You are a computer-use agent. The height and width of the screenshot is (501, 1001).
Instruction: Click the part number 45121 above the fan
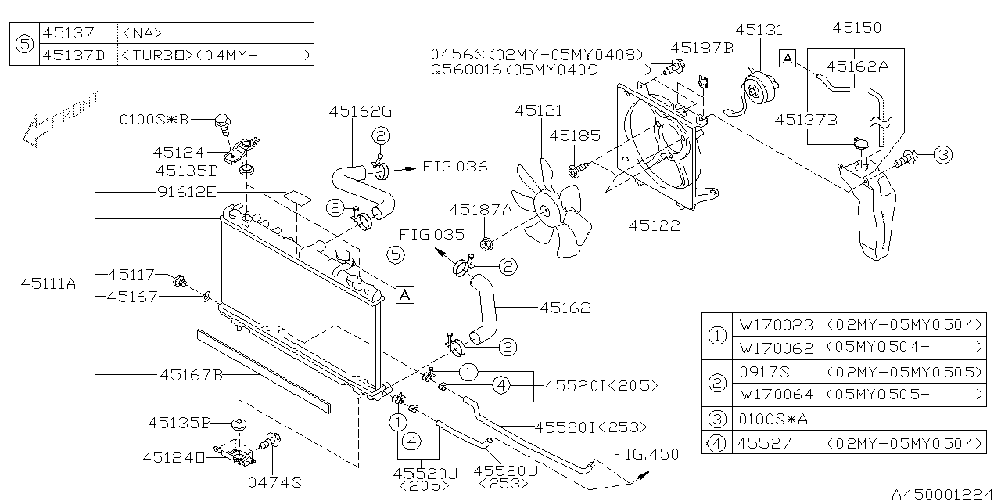[x=538, y=111]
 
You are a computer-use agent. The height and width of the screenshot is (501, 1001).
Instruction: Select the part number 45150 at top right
[x=856, y=27]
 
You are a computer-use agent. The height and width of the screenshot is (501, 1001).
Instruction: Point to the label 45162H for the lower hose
[x=570, y=308]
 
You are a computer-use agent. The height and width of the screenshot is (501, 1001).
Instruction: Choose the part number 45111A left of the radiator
[x=48, y=284]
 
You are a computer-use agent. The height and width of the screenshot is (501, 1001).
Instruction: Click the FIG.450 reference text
[x=646, y=454]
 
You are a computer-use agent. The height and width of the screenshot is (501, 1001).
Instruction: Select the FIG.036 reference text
[x=454, y=167]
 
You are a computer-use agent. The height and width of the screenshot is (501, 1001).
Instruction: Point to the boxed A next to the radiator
[x=404, y=294]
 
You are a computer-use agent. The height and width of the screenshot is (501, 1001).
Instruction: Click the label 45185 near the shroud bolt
[x=573, y=136]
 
